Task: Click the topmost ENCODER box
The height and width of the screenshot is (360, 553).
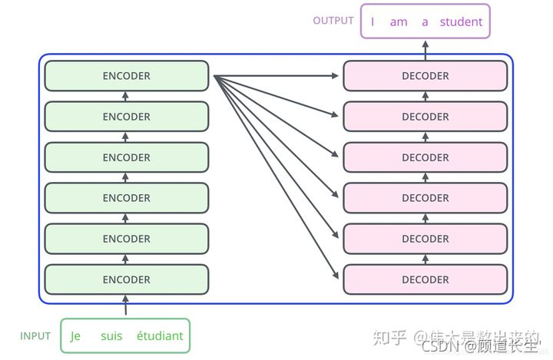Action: [127, 76]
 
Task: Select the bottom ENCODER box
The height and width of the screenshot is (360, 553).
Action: [127, 279]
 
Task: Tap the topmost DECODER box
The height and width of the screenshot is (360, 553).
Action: [425, 76]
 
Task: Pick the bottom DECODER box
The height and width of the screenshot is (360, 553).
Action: [425, 279]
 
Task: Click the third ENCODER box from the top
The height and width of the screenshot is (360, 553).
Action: [127, 157]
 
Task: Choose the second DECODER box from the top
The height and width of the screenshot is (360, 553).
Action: [425, 117]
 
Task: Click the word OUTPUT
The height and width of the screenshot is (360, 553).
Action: [333, 21]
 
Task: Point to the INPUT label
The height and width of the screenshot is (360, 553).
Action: [35, 336]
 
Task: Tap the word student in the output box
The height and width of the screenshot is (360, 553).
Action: [461, 21]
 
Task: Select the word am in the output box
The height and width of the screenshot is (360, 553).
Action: [399, 21]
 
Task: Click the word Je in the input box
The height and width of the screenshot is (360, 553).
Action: [75, 335]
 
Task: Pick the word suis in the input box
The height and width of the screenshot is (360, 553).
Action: [111, 335]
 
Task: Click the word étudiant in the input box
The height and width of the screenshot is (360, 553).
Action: [160, 335]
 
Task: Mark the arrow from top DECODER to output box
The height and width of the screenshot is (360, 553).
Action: [425, 49]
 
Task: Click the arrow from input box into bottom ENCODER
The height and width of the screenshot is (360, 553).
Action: [127, 306]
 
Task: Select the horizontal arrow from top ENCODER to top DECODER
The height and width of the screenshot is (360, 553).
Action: [276, 76]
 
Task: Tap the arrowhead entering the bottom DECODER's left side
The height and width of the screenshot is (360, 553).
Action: [336, 276]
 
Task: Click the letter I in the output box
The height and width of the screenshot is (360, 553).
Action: [373, 21]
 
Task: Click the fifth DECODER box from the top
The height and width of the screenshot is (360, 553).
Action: [425, 239]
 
